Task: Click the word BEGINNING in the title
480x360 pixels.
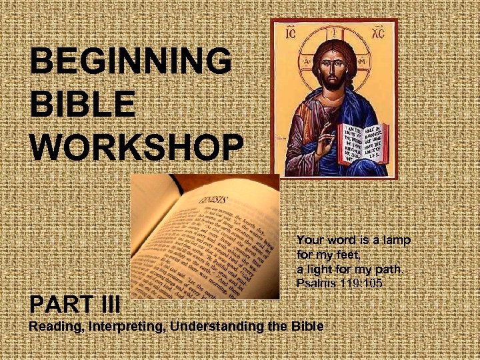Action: [x=131, y=63]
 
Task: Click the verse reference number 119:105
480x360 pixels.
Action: [x=365, y=285]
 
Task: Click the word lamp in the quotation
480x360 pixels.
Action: [x=396, y=239]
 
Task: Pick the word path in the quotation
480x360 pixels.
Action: [x=389, y=270]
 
